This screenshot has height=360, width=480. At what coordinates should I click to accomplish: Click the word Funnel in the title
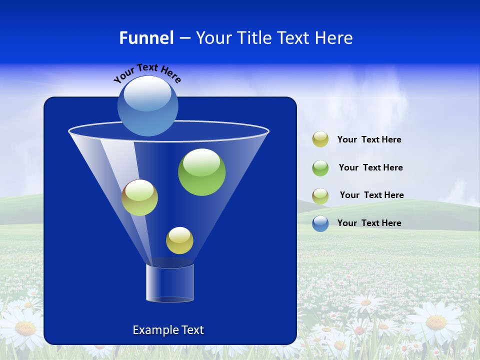(146, 38)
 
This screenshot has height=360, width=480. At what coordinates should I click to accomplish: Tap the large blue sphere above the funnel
(148, 106)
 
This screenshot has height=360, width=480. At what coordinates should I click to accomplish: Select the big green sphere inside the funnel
(201, 172)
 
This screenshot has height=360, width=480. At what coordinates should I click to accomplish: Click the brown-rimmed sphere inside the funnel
(139, 197)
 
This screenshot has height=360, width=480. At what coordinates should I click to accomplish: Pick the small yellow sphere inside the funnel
(179, 240)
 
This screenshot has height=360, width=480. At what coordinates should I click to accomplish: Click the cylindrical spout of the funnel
(170, 283)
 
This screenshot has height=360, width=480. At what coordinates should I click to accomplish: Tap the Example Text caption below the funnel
(168, 330)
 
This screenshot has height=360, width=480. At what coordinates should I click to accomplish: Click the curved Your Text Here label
(147, 72)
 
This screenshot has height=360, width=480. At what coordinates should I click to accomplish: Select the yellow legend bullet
(320, 139)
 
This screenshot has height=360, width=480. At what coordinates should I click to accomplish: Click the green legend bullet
(320, 167)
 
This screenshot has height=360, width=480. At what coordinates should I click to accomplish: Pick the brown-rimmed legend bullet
(320, 195)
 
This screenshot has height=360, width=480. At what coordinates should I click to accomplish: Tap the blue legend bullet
(320, 223)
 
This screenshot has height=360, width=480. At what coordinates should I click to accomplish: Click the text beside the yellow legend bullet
(369, 140)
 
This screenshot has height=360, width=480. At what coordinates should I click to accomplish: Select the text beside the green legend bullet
(370, 167)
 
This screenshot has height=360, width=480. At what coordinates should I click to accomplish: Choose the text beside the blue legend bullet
(369, 223)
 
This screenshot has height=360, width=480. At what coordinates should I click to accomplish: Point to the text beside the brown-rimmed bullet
(371, 195)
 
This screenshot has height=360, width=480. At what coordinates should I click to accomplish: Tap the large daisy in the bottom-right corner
(436, 322)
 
